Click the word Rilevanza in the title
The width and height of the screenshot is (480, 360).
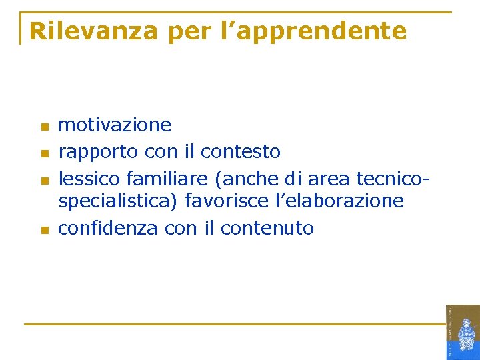point(93,31)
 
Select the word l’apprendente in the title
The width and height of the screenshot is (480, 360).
point(313,31)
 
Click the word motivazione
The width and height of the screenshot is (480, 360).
point(115,125)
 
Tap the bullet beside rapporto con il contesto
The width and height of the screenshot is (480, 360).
point(45,154)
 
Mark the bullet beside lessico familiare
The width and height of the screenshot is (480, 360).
point(45,181)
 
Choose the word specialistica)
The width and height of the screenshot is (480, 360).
point(119,201)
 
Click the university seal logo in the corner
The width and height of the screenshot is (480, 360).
point(463,332)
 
